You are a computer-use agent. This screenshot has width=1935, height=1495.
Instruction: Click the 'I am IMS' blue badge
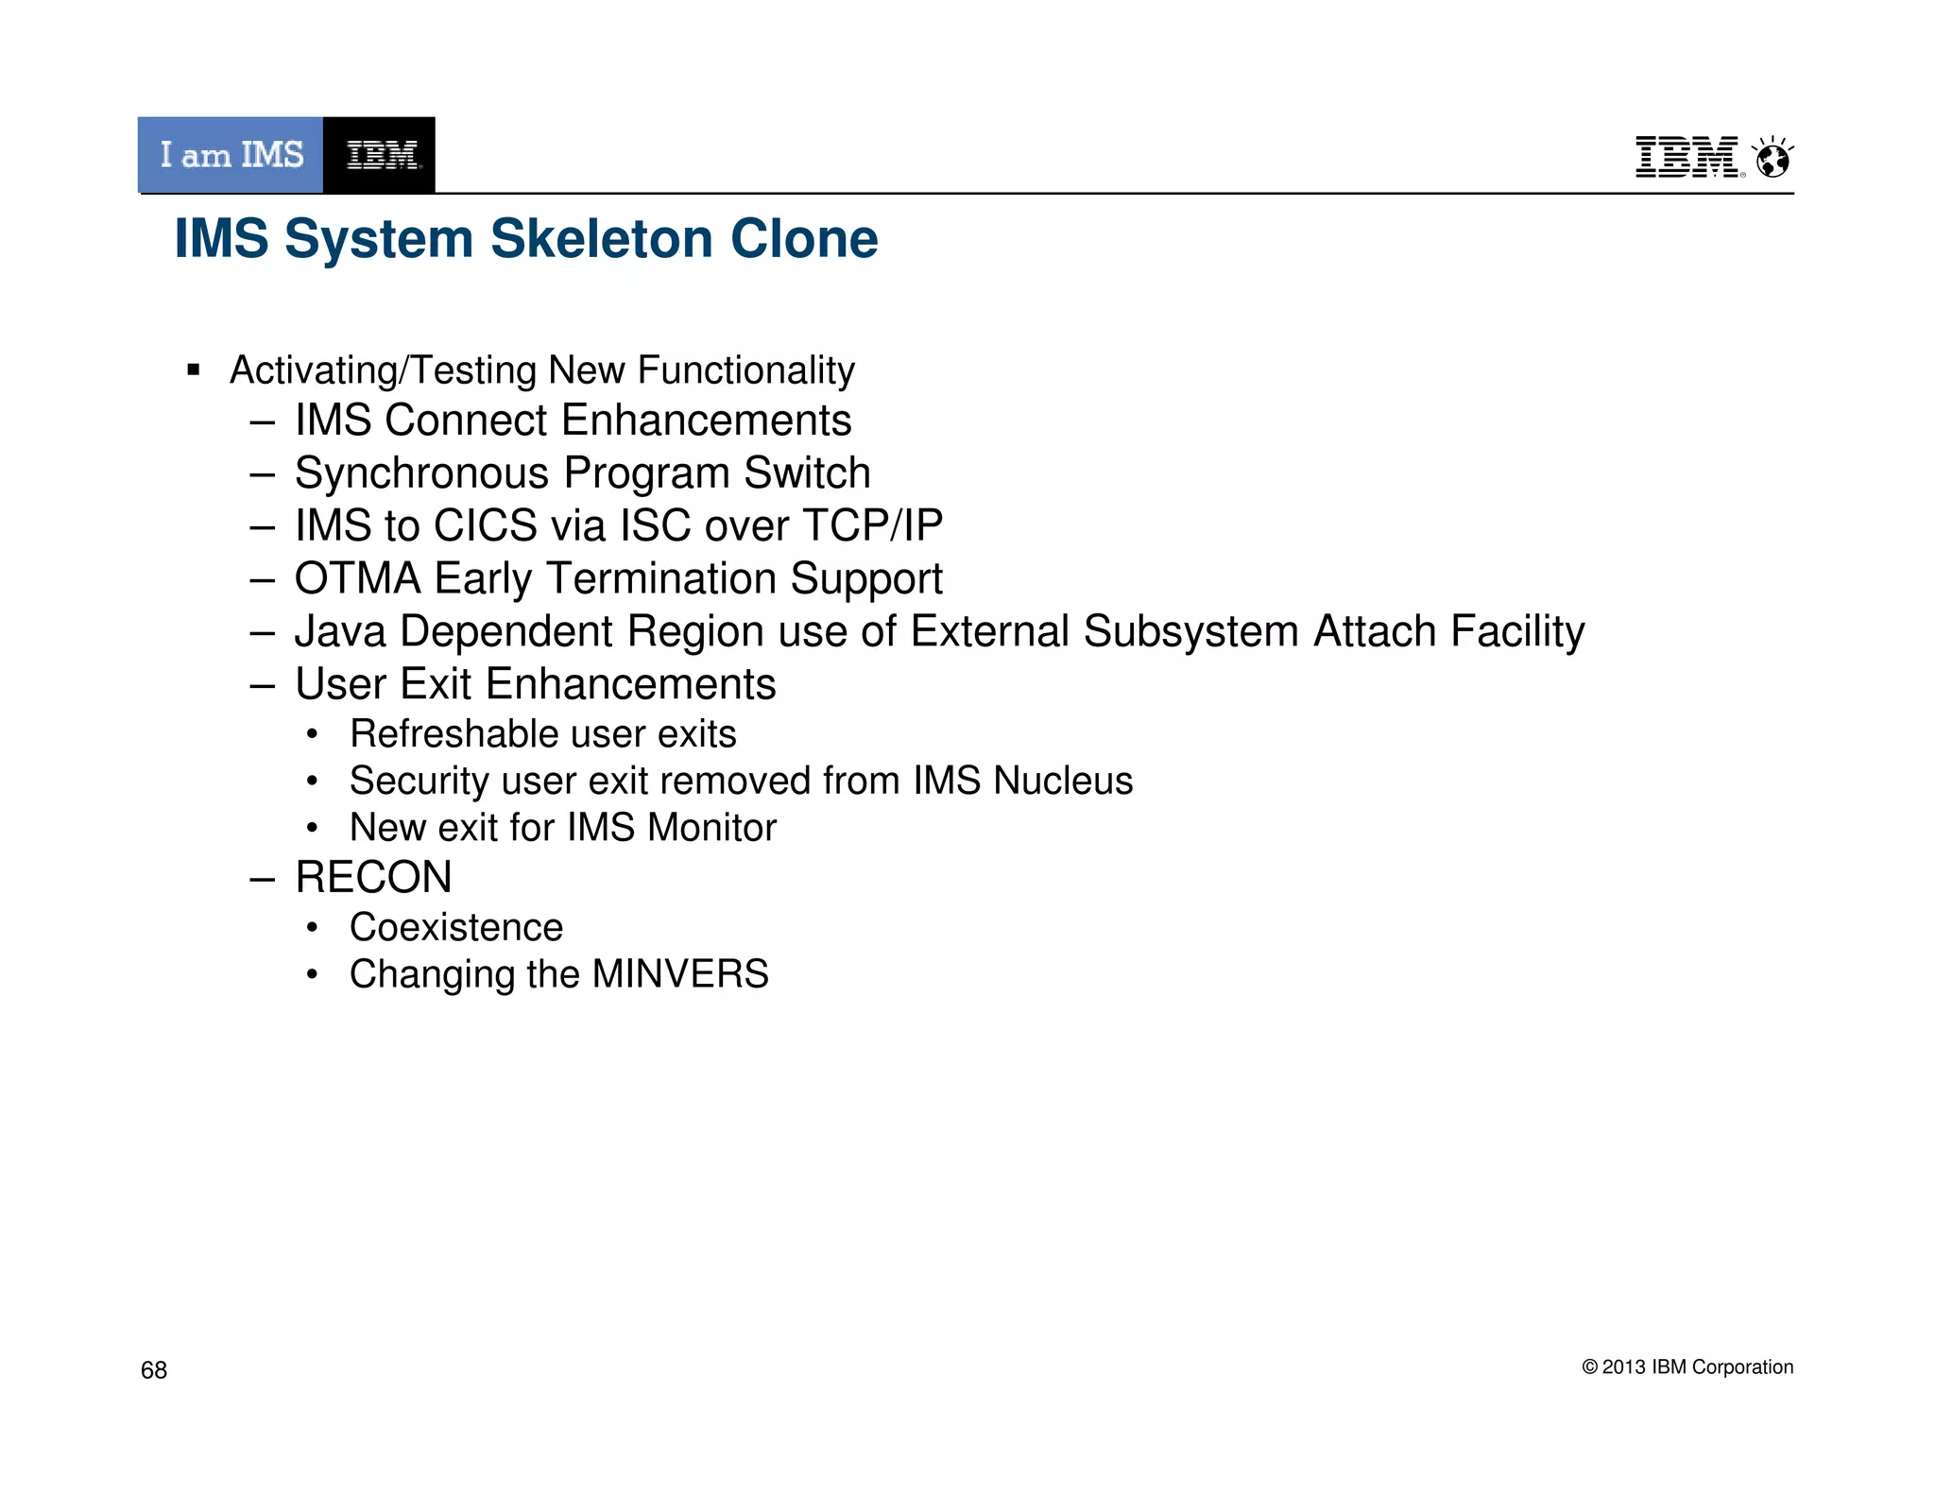click(231, 155)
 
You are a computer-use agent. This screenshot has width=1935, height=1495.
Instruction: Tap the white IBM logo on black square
click(380, 155)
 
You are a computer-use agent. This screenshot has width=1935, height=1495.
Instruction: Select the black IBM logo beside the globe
click(1687, 157)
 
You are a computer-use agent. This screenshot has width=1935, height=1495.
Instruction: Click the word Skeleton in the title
click(601, 238)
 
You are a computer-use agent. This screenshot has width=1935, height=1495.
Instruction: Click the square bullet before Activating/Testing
click(194, 369)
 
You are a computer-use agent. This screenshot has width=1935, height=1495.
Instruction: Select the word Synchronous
click(421, 473)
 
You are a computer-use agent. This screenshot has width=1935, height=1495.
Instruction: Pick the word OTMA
click(357, 578)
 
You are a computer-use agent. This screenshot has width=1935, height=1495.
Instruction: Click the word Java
click(340, 631)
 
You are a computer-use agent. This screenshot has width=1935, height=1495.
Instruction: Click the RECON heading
click(373, 877)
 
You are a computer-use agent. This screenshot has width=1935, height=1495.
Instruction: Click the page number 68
click(154, 1370)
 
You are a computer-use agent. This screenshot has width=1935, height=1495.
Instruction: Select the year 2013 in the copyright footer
click(1623, 1367)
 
